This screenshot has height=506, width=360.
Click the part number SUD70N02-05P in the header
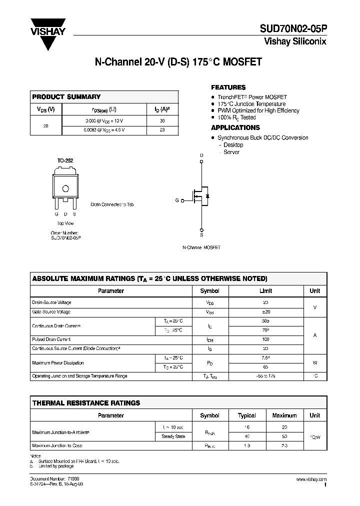(293, 29)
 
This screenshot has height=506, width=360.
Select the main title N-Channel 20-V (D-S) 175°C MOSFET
(178, 62)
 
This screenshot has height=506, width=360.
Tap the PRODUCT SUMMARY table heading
(66, 97)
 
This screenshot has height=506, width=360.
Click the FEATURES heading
(228, 87)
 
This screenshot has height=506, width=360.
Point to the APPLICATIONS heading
(235, 127)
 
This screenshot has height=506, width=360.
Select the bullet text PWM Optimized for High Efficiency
(258, 110)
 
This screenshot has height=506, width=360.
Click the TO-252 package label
(65, 160)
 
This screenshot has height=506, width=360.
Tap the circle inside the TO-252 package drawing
(65, 188)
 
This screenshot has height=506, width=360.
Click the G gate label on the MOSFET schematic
(176, 200)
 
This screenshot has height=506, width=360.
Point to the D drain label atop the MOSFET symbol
(202, 155)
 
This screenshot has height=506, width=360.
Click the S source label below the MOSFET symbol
(202, 234)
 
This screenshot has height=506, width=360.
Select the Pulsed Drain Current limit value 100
(265, 339)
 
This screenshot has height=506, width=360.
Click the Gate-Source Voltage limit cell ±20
(265, 311)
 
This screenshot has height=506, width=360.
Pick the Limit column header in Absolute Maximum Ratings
(265, 291)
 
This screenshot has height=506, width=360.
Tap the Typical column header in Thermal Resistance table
(246, 415)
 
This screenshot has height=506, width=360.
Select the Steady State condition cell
(173, 436)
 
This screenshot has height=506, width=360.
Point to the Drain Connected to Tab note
(112, 204)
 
